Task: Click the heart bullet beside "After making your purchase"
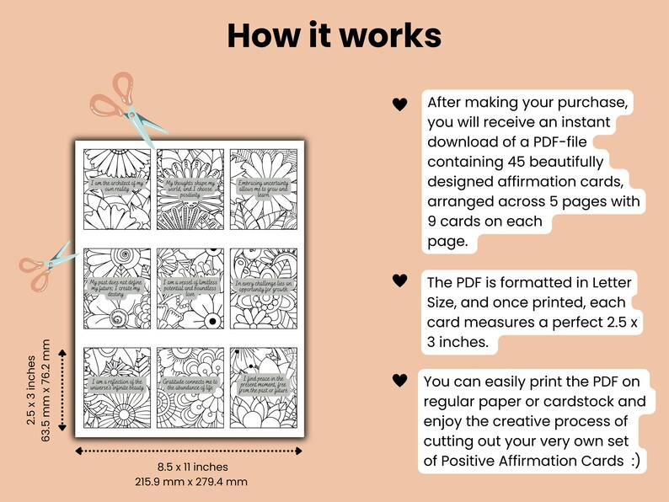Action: click(399, 104)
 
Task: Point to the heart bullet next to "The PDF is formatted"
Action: click(399, 280)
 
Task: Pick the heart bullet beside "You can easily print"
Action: click(399, 382)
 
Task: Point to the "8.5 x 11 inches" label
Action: click(192, 467)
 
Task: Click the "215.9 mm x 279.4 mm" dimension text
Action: click(192, 482)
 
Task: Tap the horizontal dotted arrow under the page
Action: click(192, 451)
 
